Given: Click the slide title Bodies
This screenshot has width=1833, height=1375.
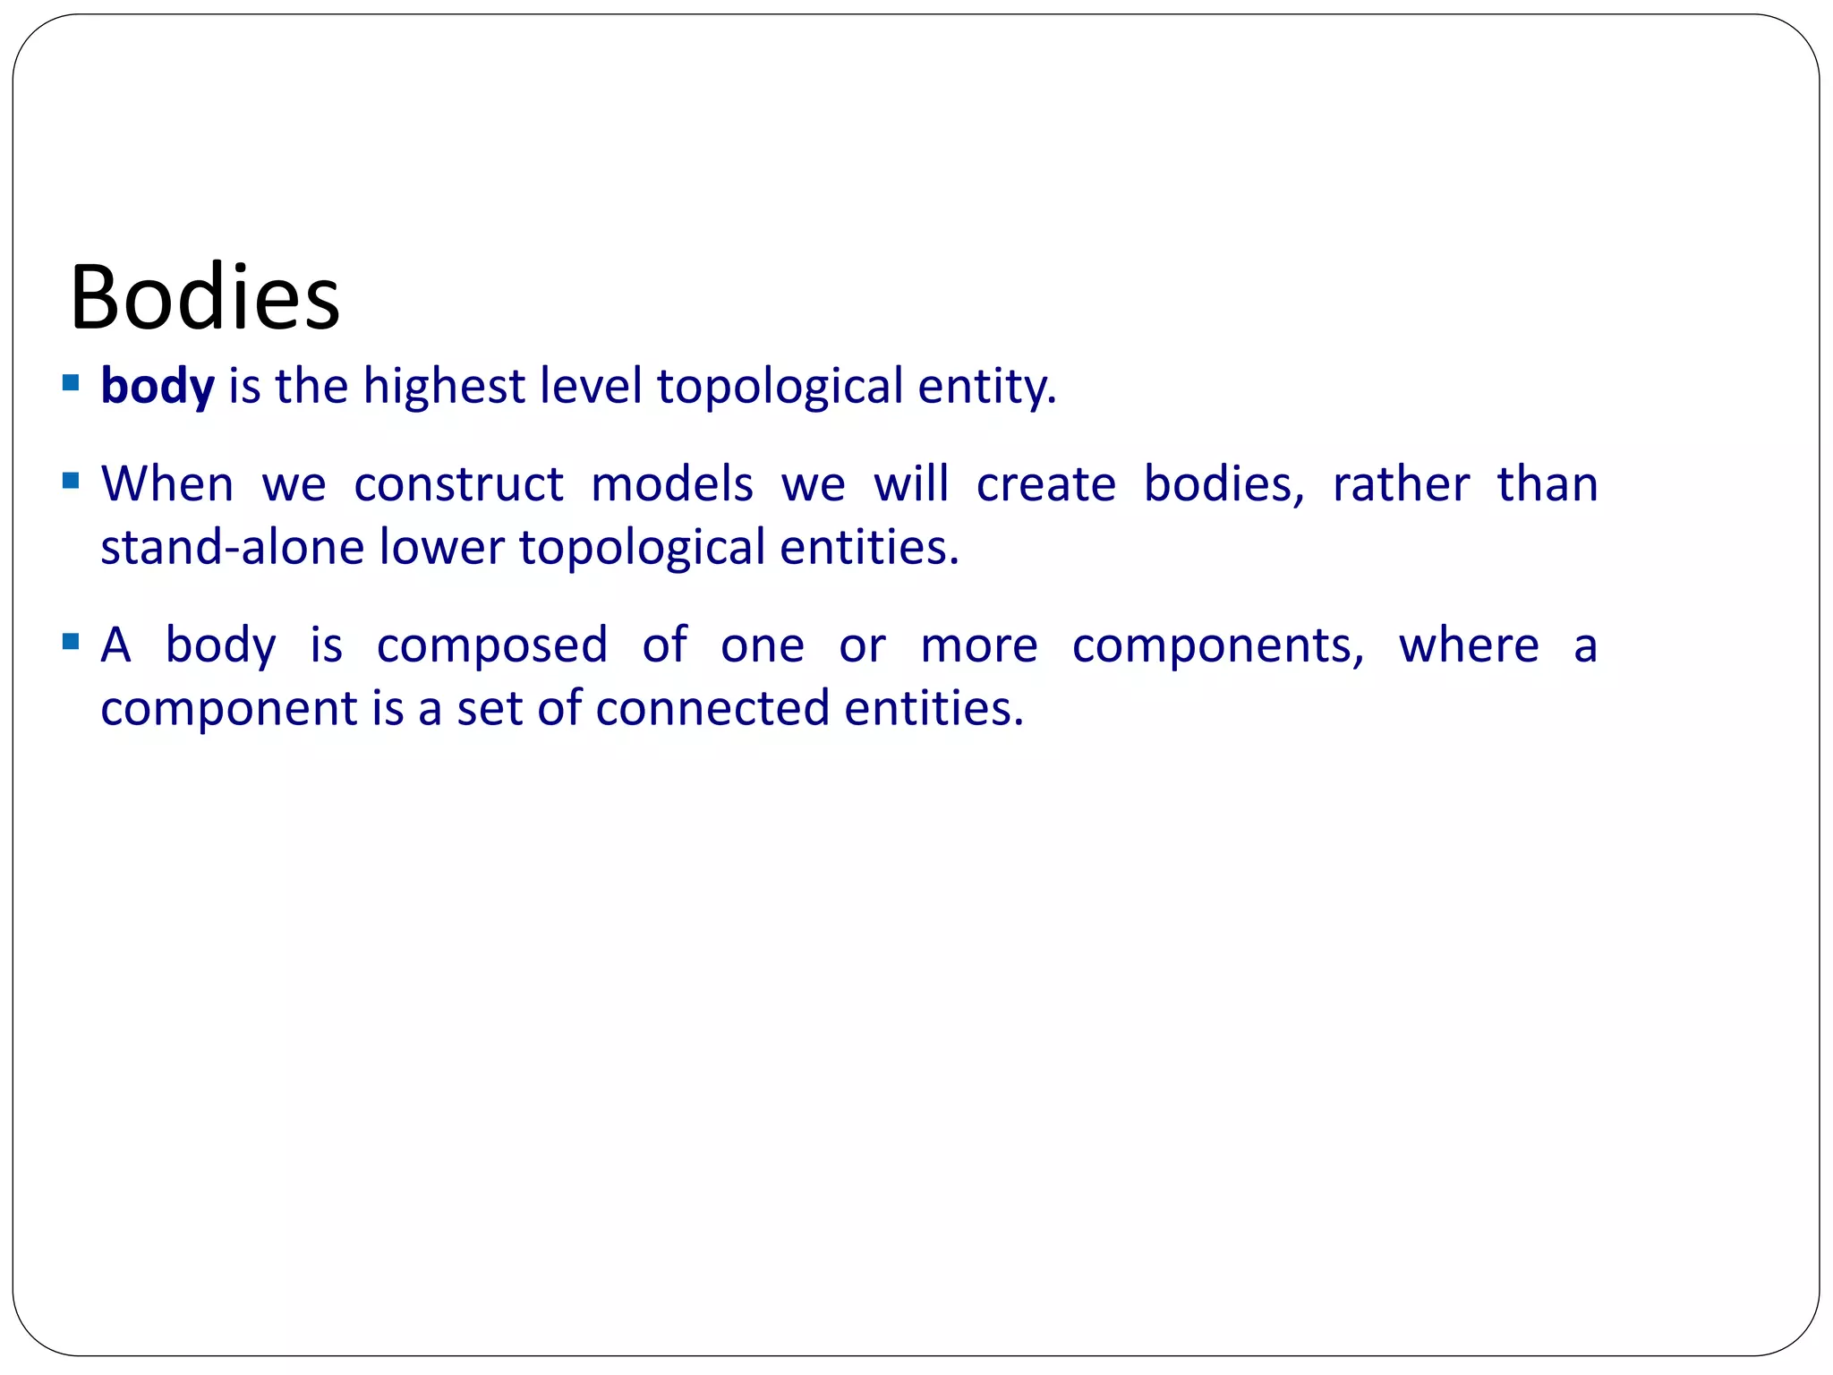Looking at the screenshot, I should (205, 297).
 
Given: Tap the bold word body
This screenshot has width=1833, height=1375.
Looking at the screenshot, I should (158, 388).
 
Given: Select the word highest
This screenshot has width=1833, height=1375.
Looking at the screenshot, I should (444, 388).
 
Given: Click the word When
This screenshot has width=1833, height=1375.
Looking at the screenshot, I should (167, 484).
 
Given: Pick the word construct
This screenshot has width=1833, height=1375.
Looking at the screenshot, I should (458, 484).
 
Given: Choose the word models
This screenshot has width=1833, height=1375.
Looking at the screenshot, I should (672, 484).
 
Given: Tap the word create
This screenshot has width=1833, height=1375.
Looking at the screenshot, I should (1045, 484).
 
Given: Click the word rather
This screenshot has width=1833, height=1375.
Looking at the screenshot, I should (1401, 484).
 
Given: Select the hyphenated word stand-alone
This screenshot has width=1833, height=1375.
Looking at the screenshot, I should (233, 547).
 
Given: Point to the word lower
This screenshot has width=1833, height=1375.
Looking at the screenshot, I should (441, 547).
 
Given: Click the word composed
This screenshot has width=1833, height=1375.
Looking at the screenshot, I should (492, 645).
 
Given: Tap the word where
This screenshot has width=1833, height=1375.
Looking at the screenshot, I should (1469, 645).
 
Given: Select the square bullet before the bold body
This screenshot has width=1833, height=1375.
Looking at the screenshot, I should (71, 384).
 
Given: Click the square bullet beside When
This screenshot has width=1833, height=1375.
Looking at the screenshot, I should (71, 482).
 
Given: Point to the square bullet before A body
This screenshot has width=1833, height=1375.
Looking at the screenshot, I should (71, 642).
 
